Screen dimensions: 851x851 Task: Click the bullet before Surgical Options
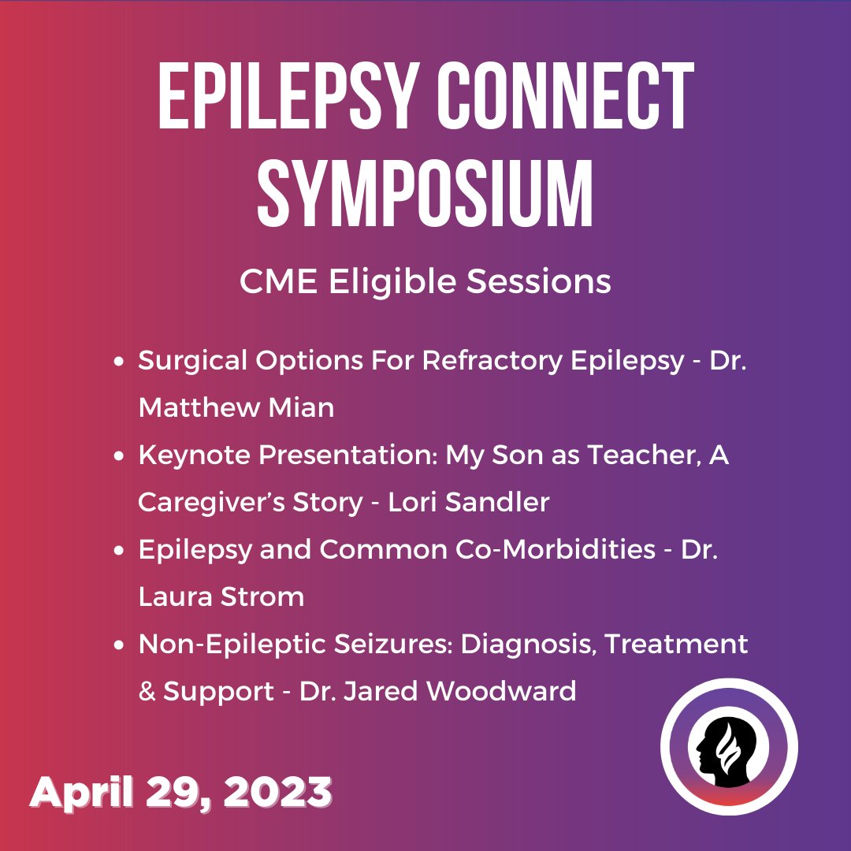coord(119,362)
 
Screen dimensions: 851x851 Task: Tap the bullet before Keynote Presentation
coord(119,456)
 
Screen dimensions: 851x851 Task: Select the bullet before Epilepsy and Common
coord(119,551)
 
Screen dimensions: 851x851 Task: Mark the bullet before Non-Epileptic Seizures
coord(119,645)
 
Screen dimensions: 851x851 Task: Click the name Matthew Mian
coord(236,407)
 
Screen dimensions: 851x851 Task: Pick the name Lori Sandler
coord(469,502)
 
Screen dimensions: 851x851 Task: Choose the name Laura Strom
coord(221,596)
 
